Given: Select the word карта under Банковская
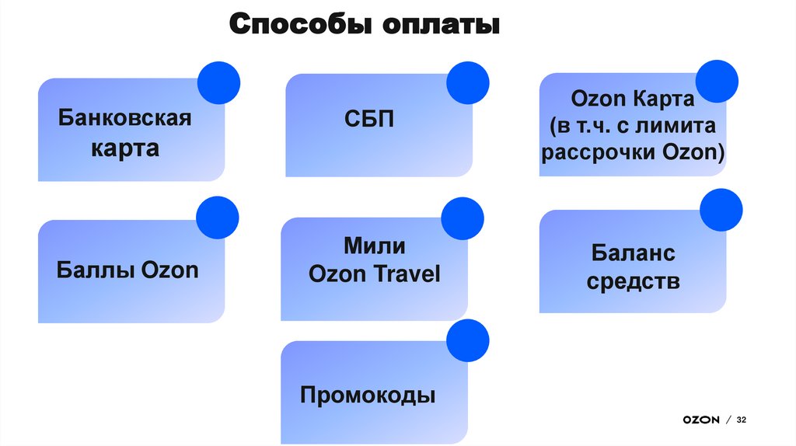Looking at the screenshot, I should [x=125, y=148].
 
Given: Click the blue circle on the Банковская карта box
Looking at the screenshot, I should [x=218, y=83].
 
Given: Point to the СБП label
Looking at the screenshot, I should [x=369, y=120].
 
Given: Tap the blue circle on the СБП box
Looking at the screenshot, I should [x=468, y=82].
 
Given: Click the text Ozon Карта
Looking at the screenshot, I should [x=632, y=99].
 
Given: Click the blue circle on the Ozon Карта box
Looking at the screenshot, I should [x=716, y=82].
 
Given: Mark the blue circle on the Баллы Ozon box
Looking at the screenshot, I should [x=218, y=218].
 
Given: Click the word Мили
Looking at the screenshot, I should [x=375, y=246].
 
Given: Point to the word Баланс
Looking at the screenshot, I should [x=633, y=253].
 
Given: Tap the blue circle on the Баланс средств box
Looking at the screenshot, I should [x=721, y=210].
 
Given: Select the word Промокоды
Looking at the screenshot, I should [x=368, y=395].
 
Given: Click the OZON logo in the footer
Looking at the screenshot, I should [x=700, y=420].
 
